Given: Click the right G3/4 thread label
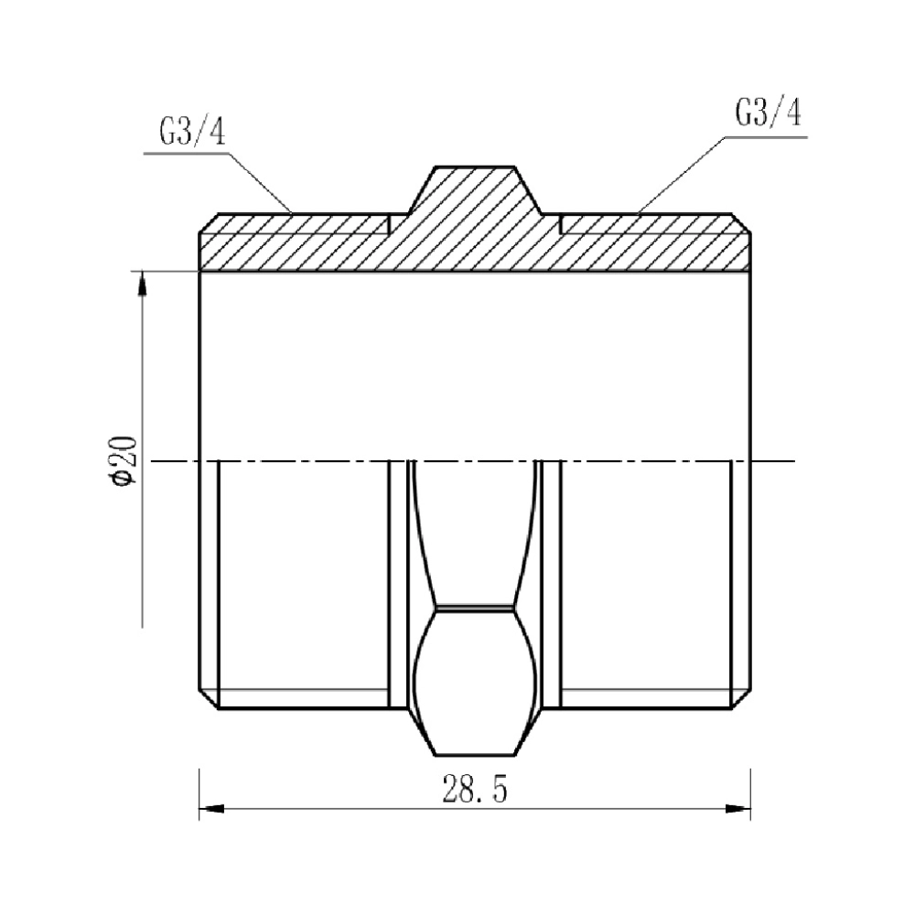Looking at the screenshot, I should pos(768,114).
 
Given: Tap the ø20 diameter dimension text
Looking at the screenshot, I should pos(123,463).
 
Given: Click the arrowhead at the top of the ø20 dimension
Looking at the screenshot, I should pos(142,283).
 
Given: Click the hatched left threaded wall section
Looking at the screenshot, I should pos(293,242).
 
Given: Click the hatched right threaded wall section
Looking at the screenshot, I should pos(654,242).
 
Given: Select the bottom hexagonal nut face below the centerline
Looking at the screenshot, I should pos(474,682).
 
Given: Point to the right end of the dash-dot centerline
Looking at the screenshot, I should pos(792,461).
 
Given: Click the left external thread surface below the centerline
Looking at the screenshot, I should pos(302,586).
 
